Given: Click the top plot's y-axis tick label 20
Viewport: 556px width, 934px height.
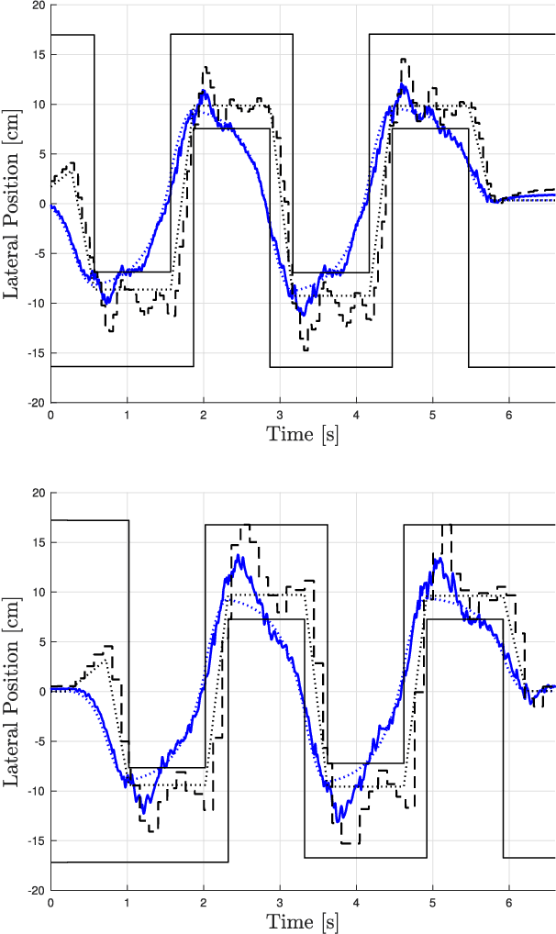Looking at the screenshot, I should point(38,6).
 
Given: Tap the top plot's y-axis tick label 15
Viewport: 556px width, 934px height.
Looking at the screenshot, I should point(38,55).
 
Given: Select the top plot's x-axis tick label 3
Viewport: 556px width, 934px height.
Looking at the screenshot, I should point(280,415).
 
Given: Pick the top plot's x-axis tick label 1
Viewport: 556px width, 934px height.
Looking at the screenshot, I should point(127,415).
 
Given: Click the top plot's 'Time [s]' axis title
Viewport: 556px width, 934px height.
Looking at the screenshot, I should point(303,435).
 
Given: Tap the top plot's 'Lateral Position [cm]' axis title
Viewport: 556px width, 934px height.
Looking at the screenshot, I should point(13,204).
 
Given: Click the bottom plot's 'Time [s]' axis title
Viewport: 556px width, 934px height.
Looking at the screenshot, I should point(303,922).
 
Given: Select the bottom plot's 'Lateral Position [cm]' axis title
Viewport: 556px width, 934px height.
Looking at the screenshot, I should point(13,691).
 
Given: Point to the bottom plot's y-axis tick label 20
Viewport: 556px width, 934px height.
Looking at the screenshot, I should point(38,493).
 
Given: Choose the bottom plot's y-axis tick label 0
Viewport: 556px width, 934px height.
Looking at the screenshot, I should point(41,692).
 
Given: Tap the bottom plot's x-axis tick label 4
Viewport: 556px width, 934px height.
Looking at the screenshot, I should point(356,903).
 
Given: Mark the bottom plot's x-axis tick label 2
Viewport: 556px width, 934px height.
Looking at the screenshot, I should point(204,903).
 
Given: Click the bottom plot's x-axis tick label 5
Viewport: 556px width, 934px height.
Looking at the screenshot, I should point(433,903).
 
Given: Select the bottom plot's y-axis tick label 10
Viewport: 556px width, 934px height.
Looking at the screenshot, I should point(38,593).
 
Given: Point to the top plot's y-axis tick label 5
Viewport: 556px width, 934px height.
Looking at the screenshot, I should point(41,154).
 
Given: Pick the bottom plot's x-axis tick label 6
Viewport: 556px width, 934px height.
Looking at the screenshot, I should point(509,903).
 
